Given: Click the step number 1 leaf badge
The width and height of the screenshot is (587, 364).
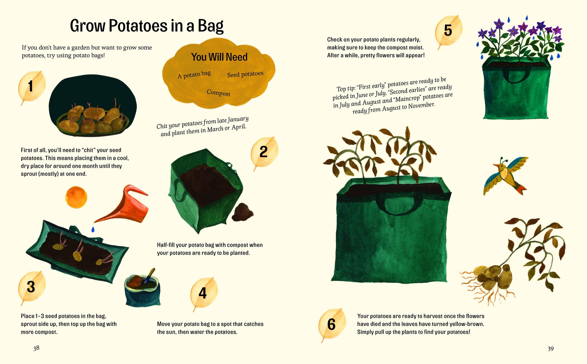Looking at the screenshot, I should coord(31,86).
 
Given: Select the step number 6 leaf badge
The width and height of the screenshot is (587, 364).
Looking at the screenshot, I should coord(332,324).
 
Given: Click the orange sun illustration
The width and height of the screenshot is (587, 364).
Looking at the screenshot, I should coord(76,197).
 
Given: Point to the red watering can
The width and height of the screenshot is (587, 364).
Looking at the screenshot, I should coord(127,205).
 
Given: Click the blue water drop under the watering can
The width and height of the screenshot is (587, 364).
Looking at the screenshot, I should coord(93,230).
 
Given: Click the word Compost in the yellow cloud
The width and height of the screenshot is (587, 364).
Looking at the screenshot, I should coord(218,93).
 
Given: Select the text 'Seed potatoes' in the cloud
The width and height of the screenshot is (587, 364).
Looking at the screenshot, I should coord(245,74).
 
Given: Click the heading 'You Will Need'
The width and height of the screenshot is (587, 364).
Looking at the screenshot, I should coord(219,57).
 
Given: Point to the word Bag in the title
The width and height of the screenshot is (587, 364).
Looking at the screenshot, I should coord(211,26).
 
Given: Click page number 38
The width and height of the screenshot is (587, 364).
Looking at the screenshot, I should coord(36,348).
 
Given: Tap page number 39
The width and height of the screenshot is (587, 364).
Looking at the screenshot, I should coord(551,349).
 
